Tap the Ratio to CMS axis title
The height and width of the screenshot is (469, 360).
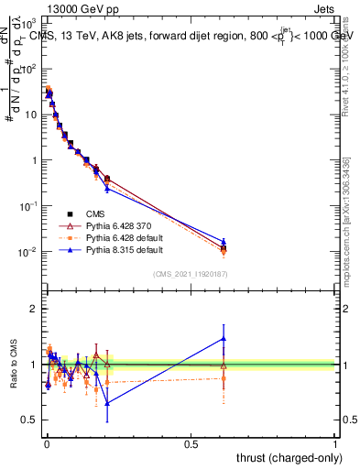click(x=14, y=366)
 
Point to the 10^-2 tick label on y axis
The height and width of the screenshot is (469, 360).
click(x=27, y=252)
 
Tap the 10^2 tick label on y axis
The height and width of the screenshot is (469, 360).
click(x=29, y=69)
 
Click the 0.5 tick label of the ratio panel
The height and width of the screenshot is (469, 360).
click(x=31, y=420)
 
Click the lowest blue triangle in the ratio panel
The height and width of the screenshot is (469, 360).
click(x=107, y=403)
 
